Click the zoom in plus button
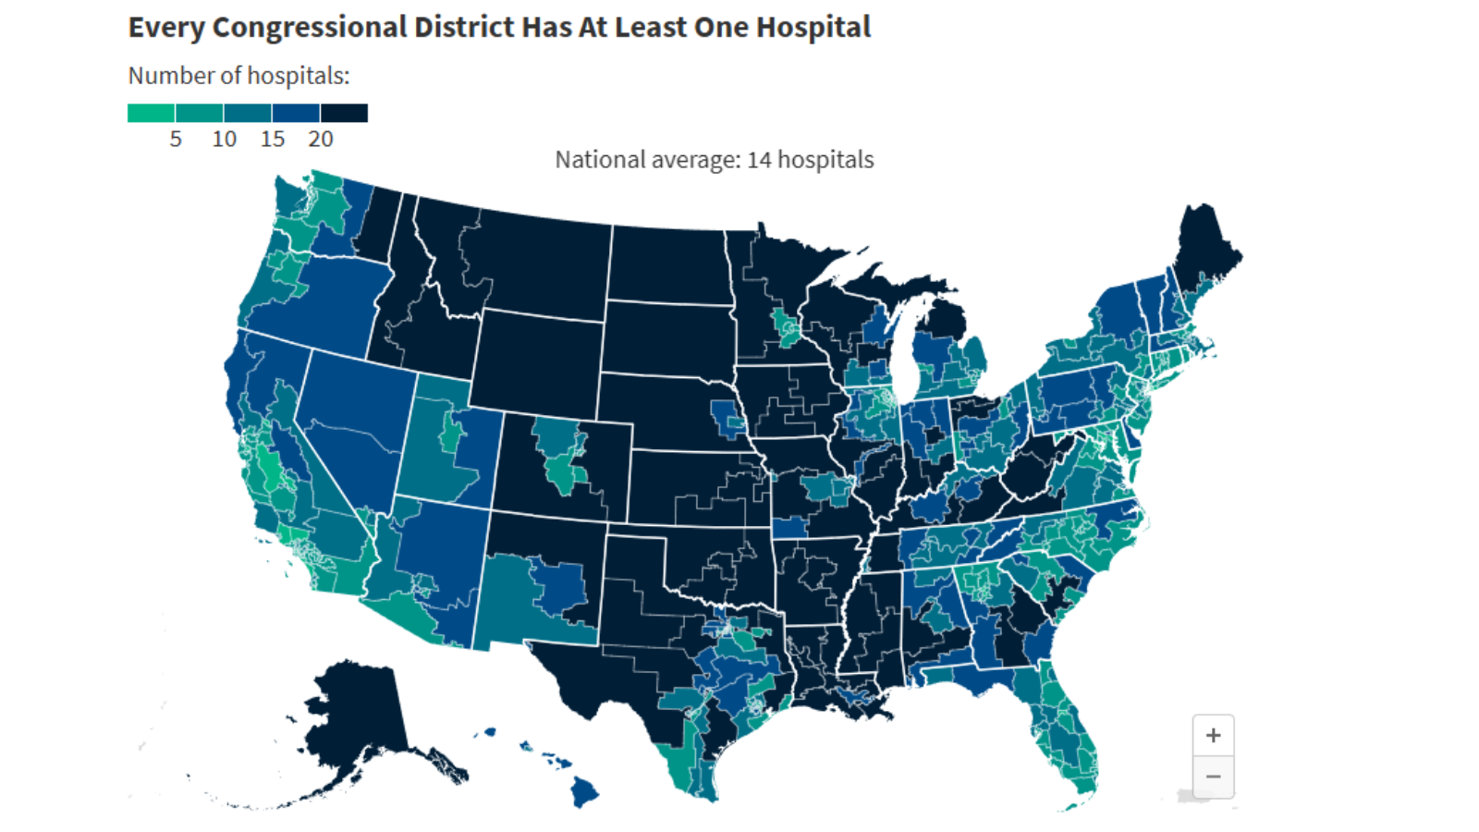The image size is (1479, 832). [x=1213, y=736]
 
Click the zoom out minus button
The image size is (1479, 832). [x=1213, y=777]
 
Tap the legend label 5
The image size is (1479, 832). [x=176, y=140]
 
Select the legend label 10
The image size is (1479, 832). [x=224, y=140]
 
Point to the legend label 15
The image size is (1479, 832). [x=272, y=140]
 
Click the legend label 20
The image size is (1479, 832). [x=321, y=140]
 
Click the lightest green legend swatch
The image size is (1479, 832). [x=151, y=113]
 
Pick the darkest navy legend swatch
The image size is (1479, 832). [x=344, y=113]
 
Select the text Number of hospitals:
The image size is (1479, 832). [x=238, y=76]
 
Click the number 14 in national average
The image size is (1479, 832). [x=759, y=160]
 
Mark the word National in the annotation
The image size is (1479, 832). [x=596, y=160]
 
